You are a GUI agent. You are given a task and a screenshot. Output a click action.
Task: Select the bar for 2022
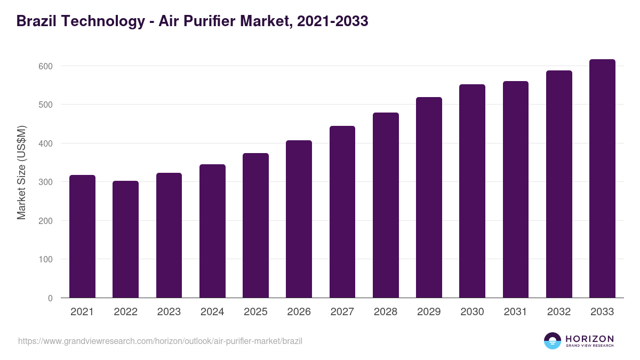(125, 239)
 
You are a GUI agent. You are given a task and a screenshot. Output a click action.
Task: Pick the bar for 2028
(386, 205)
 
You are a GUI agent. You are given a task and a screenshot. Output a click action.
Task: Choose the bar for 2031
(516, 189)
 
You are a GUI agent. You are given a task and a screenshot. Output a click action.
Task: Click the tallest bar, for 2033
(602, 179)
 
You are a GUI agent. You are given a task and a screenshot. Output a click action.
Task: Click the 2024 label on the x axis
(212, 312)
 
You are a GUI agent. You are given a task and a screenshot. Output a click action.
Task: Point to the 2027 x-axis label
(342, 312)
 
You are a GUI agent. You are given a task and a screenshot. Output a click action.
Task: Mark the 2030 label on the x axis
(472, 312)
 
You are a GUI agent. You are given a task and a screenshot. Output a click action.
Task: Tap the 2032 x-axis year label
(559, 312)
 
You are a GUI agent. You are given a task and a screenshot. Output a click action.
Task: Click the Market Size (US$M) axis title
(21, 172)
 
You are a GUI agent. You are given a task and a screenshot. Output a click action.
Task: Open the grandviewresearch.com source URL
(160, 341)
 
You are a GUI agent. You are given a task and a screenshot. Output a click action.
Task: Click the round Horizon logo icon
(553, 341)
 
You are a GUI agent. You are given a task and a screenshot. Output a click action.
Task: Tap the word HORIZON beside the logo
(589, 338)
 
